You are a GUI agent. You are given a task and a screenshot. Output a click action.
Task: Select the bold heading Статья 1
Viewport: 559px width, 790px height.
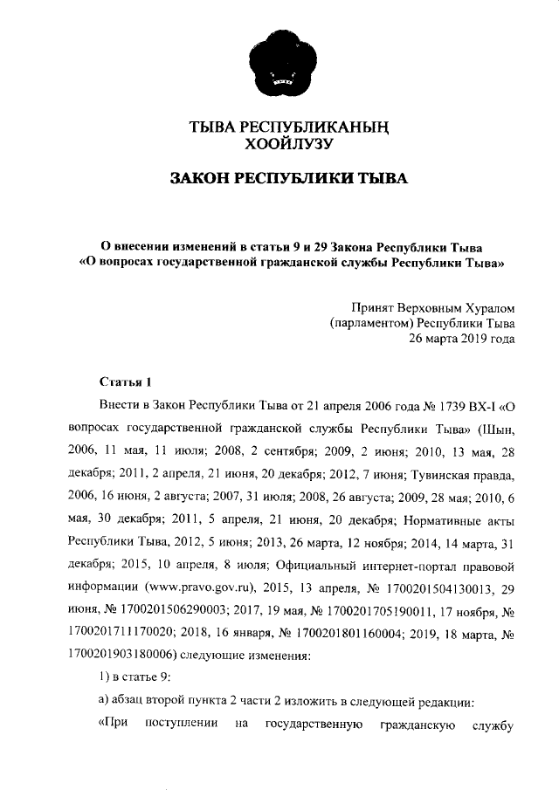[x=127, y=381]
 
